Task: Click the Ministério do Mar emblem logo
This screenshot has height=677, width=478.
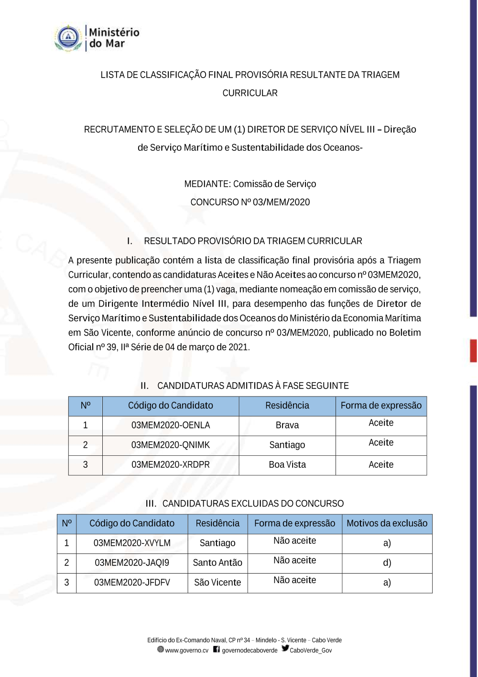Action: click(68, 38)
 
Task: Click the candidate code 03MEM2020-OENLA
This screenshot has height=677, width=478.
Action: click(171, 425)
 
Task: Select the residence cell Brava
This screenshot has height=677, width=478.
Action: click(287, 425)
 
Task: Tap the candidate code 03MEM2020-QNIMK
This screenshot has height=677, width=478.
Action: click(171, 445)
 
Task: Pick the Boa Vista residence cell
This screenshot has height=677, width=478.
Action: click(287, 464)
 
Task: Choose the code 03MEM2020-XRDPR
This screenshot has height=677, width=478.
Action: click(171, 464)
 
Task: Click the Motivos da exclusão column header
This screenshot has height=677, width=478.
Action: click(387, 523)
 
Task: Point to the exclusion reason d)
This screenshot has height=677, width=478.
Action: click(387, 563)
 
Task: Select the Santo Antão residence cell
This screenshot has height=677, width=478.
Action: click(217, 563)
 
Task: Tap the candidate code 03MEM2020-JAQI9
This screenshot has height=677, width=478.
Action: click(132, 563)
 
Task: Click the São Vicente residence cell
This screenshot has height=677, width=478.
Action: click(217, 582)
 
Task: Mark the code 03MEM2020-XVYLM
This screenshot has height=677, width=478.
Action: click(132, 543)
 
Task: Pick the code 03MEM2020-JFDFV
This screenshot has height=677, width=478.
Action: click(132, 582)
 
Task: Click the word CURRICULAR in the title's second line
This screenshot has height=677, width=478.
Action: click(250, 93)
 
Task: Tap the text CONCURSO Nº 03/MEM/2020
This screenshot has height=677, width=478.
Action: click(250, 202)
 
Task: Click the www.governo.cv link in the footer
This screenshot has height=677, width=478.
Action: click(186, 650)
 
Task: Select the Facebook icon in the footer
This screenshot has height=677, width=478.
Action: click(217, 649)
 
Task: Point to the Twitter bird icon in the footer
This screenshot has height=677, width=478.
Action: click(285, 648)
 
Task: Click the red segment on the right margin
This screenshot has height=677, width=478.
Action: click(473, 350)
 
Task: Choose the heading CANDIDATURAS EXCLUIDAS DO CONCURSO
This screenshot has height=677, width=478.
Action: click(253, 504)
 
